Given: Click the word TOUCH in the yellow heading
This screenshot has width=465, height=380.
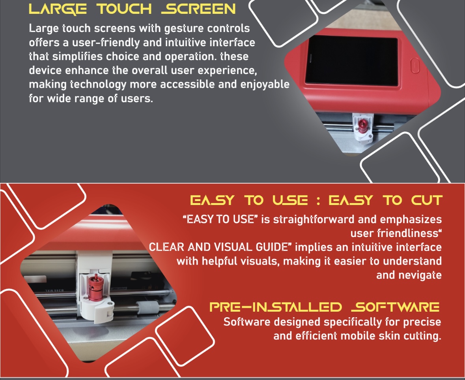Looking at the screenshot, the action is coord(124,9).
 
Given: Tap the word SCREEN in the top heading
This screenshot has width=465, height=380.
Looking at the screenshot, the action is coord(198,9).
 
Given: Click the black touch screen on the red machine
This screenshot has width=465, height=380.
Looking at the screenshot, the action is coord(352,60).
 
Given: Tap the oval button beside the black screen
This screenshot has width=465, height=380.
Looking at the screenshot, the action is coord(415,66).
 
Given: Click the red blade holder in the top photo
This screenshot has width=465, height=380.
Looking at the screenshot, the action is coord(362,126).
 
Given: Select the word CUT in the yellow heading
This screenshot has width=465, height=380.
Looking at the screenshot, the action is coord(427,201).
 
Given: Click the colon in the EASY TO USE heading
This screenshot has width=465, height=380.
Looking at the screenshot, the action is coord(318,201).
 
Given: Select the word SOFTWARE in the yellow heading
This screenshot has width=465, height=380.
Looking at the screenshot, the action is coord(395,307).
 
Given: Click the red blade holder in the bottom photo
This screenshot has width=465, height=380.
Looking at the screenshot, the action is coord(95,287).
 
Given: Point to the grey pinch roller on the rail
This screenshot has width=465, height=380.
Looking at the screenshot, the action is coord(148,307).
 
